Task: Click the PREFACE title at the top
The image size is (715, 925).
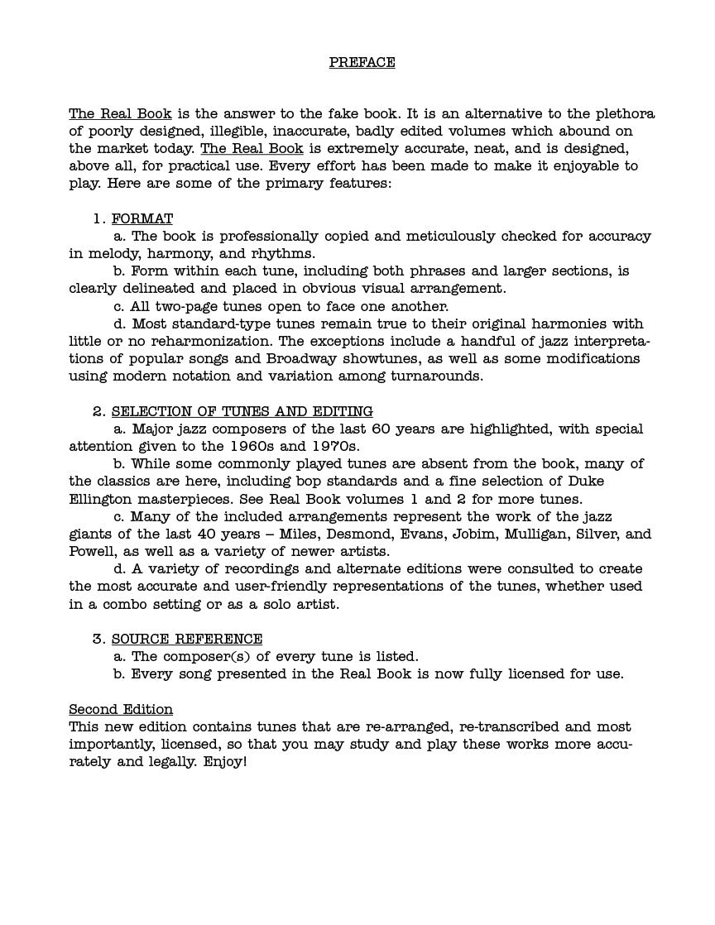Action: point(362,62)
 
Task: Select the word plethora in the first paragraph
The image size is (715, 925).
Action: point(623,113)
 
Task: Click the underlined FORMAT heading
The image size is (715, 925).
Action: point(142,218)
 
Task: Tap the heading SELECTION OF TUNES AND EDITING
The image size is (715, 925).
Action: point(242,411)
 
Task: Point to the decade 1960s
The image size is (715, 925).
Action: point(250,446)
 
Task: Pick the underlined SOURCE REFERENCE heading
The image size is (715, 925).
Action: point(187,639)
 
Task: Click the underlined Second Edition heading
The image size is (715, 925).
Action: point(121,709)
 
